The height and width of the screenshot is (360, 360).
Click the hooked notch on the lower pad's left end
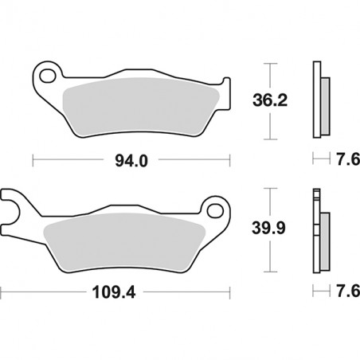[x=14, y=211]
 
